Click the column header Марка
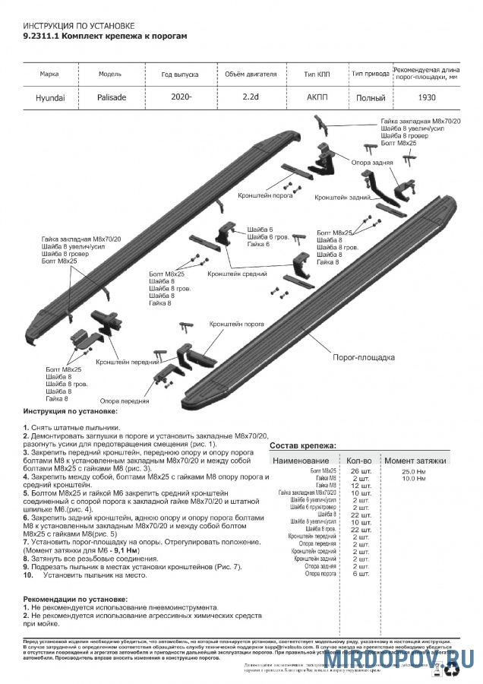[49, 74]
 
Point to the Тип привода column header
[370, 74]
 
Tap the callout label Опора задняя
[372, 163]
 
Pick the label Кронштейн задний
[342, 197]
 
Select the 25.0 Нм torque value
[414, 471]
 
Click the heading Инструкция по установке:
[70, 411]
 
